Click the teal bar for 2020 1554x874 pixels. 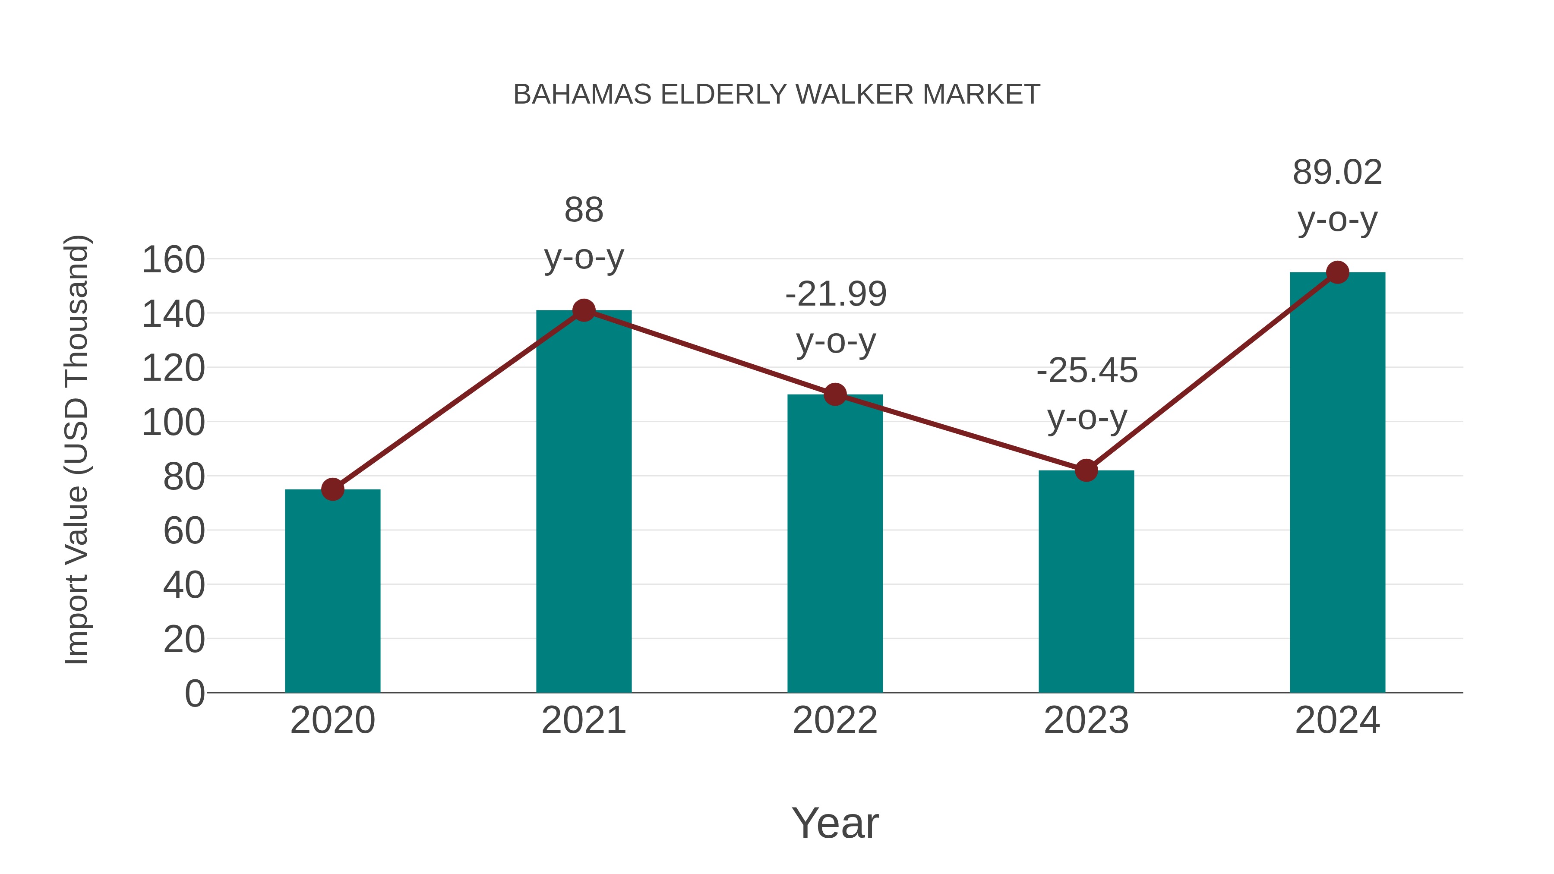point(332,591)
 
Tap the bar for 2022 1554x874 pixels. point(835,543)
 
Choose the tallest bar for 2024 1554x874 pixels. point(1337,483)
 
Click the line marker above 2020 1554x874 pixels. point(332,489)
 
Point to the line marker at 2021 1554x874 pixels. point(583,311)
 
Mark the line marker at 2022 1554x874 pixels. point(835,394)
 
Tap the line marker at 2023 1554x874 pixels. point(1086,470)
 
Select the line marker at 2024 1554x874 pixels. point(1337,273)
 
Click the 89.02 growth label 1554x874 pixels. point(1337,173)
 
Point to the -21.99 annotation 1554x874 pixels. point(836,295)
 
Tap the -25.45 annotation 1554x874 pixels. point(1087,371)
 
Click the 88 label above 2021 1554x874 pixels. point(583,211)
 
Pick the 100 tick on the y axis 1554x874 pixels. point(173,423)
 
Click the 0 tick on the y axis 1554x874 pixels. point(194,693)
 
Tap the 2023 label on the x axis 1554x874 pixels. point(1086,720)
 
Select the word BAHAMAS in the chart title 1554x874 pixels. point(582,95)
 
